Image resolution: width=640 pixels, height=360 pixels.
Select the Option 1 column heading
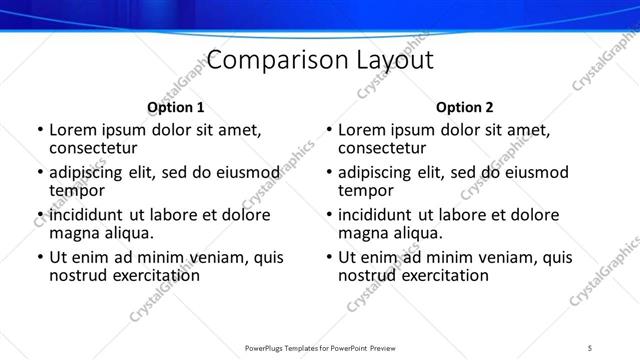(x=176, y=107)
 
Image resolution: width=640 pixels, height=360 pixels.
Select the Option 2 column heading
(x=465, y=107)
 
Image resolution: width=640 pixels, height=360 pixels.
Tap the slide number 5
(x=590, y=347)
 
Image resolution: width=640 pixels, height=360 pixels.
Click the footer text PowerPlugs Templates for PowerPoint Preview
(x=320, y=347)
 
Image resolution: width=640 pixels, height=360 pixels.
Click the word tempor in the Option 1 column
(x=77, y=190)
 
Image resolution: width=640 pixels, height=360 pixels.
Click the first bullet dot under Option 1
(x=39, y=130)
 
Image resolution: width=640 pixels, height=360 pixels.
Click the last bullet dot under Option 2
(x=328, y=257)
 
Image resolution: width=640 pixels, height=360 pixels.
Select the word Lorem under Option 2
(x=361, y=130)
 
